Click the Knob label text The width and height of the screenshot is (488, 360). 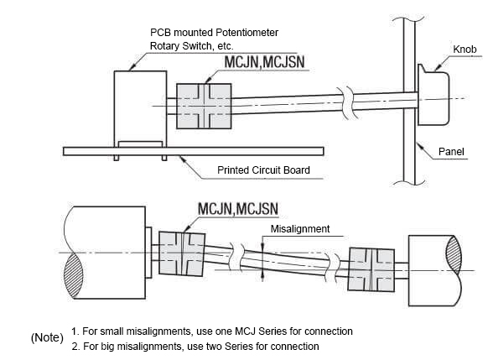click(465, 50)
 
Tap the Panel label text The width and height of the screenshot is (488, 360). click(451, 152)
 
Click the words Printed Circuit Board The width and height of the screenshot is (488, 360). click(263, 170)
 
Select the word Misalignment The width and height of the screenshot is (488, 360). click(300, 229)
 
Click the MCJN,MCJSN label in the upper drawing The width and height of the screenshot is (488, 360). click(264, 62)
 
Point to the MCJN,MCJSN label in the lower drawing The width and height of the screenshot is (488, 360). click(238, 209)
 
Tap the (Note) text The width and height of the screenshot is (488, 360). click(47, 337)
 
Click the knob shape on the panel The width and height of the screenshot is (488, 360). click(433, 95)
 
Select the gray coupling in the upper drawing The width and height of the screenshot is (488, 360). click(204, 107)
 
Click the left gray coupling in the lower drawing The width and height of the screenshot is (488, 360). click(182, 253)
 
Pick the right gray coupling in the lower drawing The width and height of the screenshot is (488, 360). click(371, 269)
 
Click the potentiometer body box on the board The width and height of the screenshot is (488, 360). click(140, 109)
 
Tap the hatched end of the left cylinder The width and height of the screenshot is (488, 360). click(74, 275)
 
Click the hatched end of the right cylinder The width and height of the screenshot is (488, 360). click(454, 253)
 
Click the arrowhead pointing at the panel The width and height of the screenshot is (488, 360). click(420, 145)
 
